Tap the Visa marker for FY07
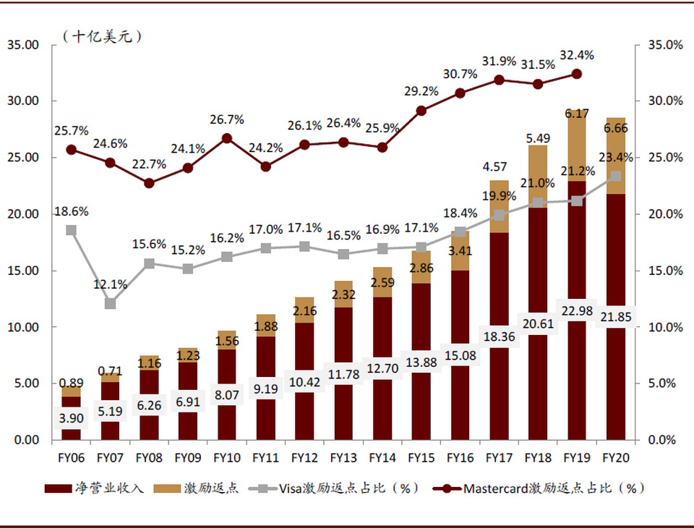click(110, 303)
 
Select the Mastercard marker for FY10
click(227, 138)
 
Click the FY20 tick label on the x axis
click(616, 457)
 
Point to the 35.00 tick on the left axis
click(22, 45)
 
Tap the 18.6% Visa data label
click(71, 212)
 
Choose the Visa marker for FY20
click(616, 176)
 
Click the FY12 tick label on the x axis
click(305, 457)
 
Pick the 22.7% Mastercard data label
click(149, 164)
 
